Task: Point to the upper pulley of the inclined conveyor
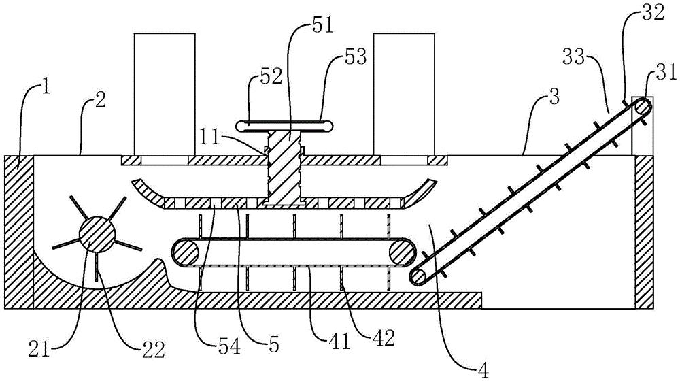(642, 107)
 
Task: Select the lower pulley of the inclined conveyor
(420, 276)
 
